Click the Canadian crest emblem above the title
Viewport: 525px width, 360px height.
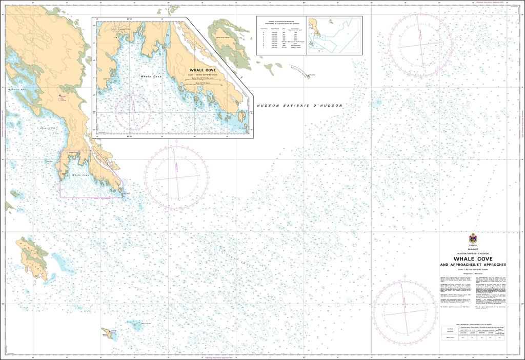coord(472,238)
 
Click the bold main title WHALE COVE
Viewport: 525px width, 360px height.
coord(472,259)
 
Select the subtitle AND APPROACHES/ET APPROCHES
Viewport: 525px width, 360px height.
coord(472,265)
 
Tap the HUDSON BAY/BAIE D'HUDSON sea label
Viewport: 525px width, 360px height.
coord(299,106)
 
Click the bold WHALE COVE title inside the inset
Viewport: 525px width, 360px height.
coord(203,70)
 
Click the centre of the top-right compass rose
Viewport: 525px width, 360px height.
coord(420,44)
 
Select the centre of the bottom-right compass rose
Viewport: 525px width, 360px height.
coord(405,313)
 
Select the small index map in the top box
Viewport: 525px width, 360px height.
coord(334,35)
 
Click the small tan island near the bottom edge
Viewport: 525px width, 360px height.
coord(109,334)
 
